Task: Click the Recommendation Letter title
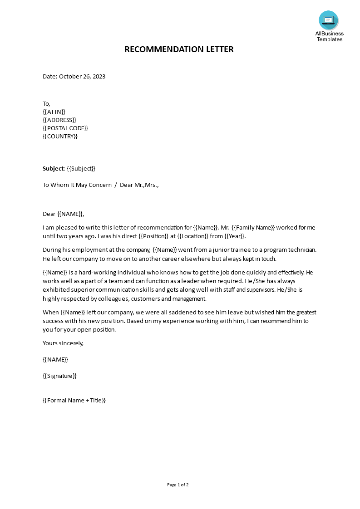pos(179,49)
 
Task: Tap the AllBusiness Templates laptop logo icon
pos(328,20)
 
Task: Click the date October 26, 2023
pos(82,77)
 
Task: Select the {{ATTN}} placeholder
pos(54,112)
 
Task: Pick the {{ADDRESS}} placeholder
pos(59,120)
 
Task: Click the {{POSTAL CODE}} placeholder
pos(65,128)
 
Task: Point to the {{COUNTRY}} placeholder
pos(60,136)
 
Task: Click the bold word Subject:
pos(54,169)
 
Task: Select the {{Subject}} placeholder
pos(81,169)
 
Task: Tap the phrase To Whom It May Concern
pos(77,185)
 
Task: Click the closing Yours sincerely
pos(63,343)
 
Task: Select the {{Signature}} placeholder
pos(59,376)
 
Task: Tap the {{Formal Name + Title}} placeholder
pos(74,400)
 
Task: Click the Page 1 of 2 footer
pos(178,485)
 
